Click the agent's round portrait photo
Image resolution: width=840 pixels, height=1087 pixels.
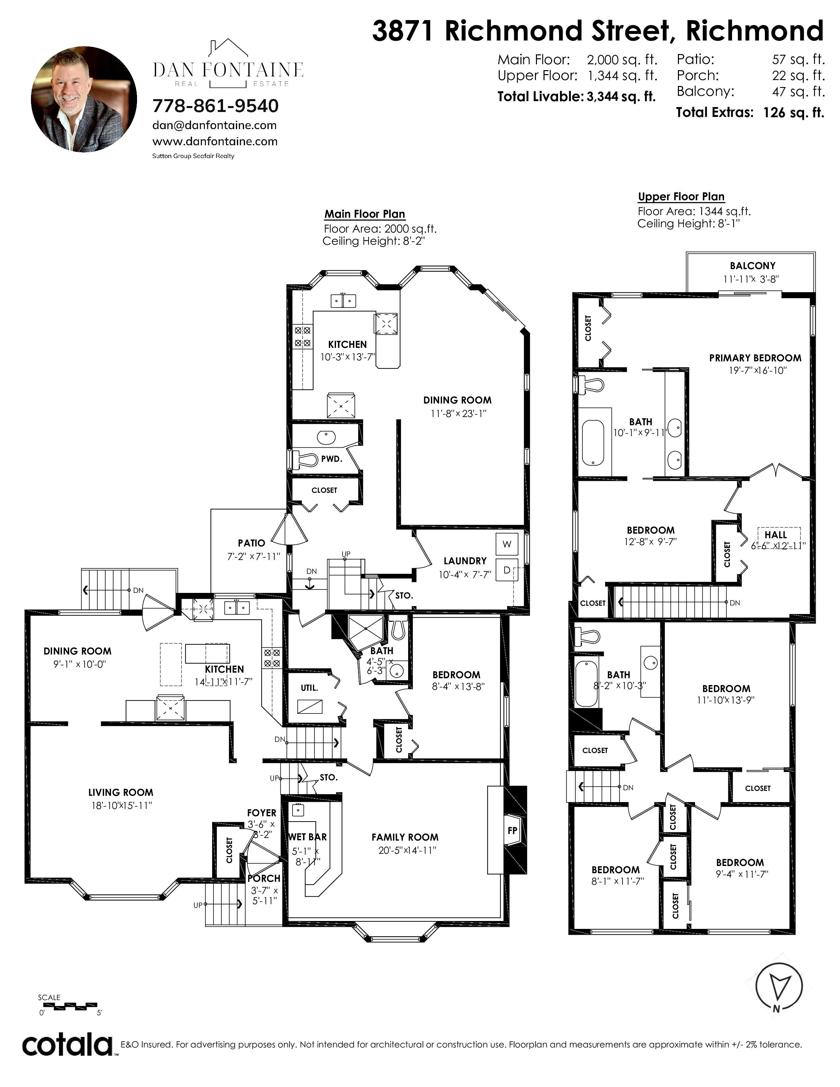pos(84,99)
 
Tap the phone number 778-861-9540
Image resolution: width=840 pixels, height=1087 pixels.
pos(215,106)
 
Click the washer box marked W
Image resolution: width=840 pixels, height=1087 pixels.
pos(507,544)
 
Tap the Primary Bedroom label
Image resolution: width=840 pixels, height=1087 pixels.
pos(755,358)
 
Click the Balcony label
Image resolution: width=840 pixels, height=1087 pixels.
pos(752,266)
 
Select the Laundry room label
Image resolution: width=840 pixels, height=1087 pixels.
pos(465,561)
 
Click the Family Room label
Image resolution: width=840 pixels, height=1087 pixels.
pos(405,837)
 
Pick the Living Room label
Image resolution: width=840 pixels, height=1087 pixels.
pos(121,792)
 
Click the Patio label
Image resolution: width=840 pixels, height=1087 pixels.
pos(251,543)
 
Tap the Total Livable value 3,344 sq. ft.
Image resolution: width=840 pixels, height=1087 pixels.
pos(621,97)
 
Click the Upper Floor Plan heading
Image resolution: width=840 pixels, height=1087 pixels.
pos(681,197)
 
